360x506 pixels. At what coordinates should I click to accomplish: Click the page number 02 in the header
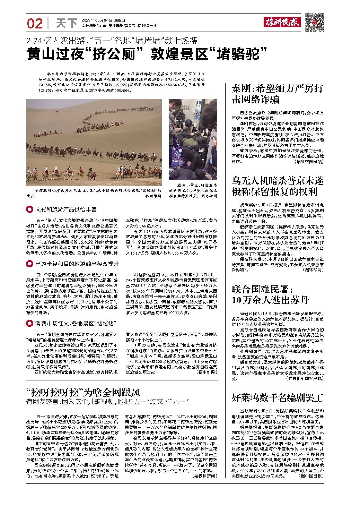pyautogui.click(x=35, y=23)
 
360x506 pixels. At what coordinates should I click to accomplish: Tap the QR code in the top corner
pyautogui.click(x=315, y=23)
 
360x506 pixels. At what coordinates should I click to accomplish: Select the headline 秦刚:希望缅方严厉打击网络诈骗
pyautogui.click(x=277, y=94)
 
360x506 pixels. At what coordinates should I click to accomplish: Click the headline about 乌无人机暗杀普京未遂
pyautogui.click(x=277, y=186)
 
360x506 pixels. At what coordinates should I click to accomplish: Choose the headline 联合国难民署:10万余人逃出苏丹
pyautogui.click(x=270, y=294)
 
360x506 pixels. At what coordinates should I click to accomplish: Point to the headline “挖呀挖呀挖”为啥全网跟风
pyautogui.click(x=84, y=392)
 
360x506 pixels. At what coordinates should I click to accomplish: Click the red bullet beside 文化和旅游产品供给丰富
pyautogui.click(x=29, y=209)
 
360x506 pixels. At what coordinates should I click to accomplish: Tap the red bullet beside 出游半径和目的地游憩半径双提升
pyautogui.click(x=29, y=264)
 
